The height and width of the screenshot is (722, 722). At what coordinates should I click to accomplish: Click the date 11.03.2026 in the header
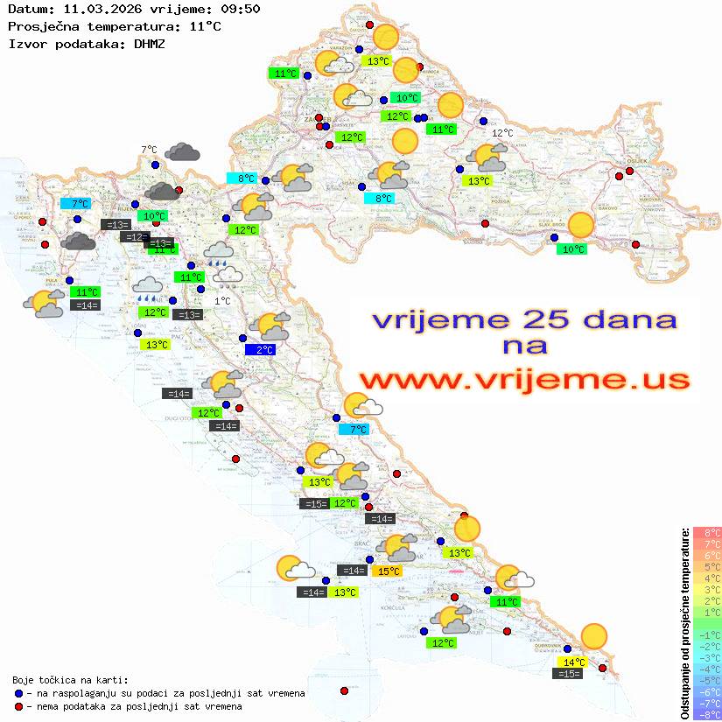click(99, 10)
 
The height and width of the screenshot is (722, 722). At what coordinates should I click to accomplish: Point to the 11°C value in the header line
click(205, 26)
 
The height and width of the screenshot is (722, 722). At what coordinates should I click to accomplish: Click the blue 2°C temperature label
click(261, 350)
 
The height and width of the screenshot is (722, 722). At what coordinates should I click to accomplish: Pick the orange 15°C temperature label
click(388, 571)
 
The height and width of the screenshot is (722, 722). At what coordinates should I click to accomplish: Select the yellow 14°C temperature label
click(574, 662)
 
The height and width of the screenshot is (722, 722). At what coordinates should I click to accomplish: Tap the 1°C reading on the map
click(222, 301)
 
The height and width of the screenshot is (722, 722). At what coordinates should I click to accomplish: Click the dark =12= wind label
click(134, 237)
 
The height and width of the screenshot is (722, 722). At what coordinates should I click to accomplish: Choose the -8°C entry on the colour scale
click(707, 715)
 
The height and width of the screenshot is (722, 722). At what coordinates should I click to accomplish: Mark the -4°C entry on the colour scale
click(707, 669)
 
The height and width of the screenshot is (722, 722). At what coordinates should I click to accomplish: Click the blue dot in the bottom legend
click(18, 693)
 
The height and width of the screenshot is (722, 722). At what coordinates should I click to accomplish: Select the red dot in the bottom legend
click(18, 706)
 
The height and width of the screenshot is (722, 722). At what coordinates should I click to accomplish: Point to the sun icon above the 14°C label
click(594, 636)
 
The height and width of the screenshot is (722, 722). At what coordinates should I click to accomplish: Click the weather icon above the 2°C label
click(270, 326)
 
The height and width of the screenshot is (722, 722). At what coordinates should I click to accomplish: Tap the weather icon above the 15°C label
click(399, 548)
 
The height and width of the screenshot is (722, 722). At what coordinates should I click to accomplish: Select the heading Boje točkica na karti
click(70, 680)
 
